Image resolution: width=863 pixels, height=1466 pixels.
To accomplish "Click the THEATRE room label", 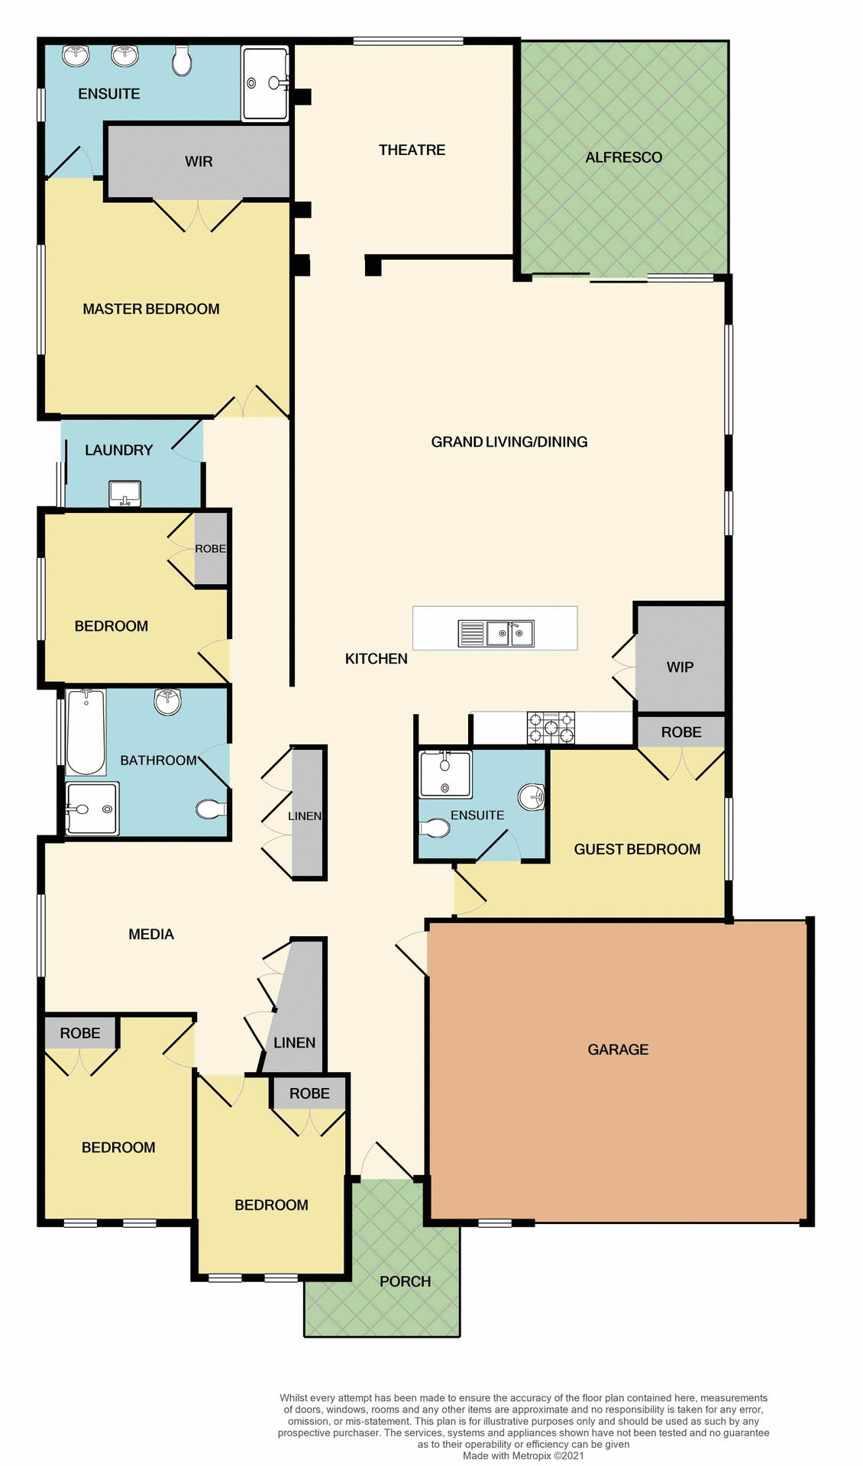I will pyautogui.click(x=412, y=150).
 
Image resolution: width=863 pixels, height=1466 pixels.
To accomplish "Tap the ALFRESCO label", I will pyautogui.click(x=623, y=157).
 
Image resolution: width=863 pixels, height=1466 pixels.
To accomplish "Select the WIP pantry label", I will pyautogui.click(x=680, y=667).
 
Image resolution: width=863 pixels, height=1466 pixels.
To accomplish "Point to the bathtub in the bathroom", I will pyautogui.click(x=86, y=731).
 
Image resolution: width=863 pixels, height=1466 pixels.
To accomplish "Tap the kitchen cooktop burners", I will pyautogui.click(x=551, y=727).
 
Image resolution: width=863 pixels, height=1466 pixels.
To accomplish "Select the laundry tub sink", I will pyautogui.click(x=124, y=493).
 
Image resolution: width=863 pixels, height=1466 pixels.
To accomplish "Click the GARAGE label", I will pyautogui.click(x=618, y=1050).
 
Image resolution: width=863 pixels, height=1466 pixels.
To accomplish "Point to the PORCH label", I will pyautogui.click(x=405, y=1281).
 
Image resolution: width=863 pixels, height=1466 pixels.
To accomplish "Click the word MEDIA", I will pyautogui.click(x=151, y=934).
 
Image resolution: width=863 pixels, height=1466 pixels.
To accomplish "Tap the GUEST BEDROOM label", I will pyautogui.click(x=637, y=849).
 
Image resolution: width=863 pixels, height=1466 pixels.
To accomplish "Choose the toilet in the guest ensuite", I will pyautogui.click(x=435, y=828).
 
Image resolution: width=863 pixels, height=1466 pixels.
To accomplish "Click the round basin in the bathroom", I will pyautogui.click(x=168, y=701).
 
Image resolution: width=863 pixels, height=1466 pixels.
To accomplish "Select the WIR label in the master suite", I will pyautogui.click(x=199, y=162).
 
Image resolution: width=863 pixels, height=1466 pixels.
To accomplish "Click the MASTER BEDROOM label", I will pyautogui.click(x=151, y=309).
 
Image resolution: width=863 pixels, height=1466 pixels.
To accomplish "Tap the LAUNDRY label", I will pyautogui.click(x=119, y=450).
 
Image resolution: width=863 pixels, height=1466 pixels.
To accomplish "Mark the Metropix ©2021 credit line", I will pyautogui.click(x=523, y=1456).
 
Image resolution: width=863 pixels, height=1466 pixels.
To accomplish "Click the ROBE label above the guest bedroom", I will pyautogui.click(x=681, y=732).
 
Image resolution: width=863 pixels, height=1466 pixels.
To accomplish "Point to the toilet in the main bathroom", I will pyautogui.click(x=211, y=809).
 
